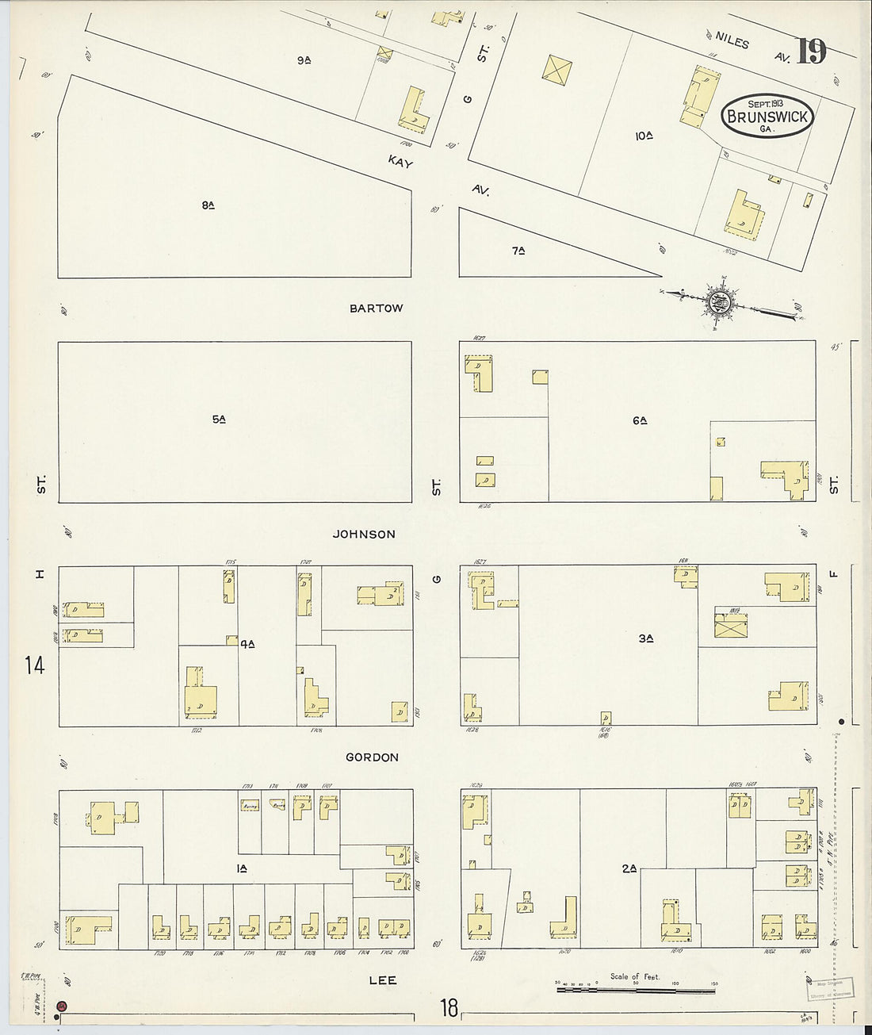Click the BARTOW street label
coord(376,308)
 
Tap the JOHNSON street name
coord(364,535)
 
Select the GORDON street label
coord(372,757)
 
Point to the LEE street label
coord(382,981)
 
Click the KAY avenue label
coord(400,161)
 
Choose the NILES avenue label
coord(732,40)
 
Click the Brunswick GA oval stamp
coord(767,116)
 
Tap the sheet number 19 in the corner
coord(811,52)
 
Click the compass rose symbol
coord(721,301)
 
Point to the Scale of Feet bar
coord(630,989)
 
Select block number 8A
coord(208,205)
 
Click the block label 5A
coord(219,420)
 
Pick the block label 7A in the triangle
coord(518,251)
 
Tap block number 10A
coord(644,136)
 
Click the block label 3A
coord(646,637)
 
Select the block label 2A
coord(629,868)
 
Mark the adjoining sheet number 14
coord(34,665)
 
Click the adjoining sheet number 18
coord(449,1008)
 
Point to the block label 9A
coord(303,59)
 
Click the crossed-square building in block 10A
coord(557,70)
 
